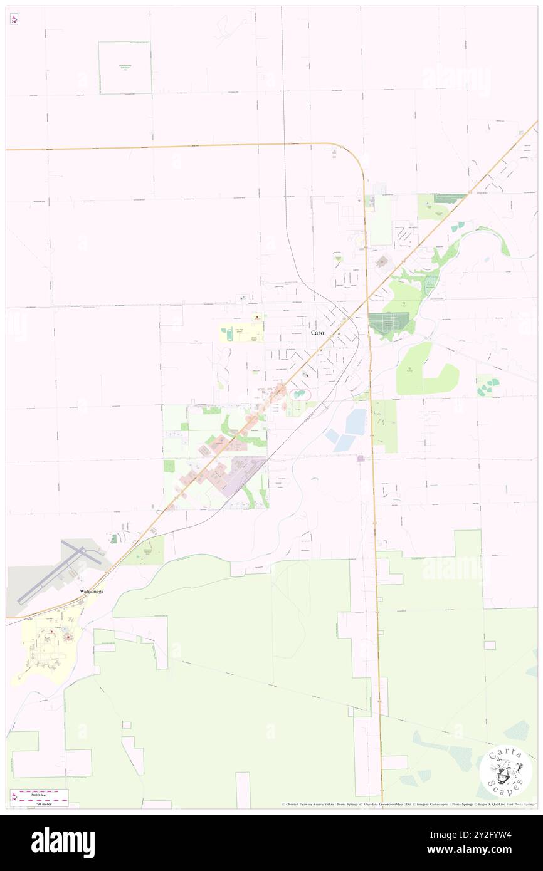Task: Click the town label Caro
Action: (x=317, y=333)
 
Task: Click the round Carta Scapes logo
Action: (x=505, y=771)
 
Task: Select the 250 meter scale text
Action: (x=43, y=803)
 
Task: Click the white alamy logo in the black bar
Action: (x=63, y=842)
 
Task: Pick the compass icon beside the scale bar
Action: (x=14, y=798)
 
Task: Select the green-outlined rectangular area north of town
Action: (x=125, y=68)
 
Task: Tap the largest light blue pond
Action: (x=355, y=421)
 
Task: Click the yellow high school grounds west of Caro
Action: (x=241, y=332)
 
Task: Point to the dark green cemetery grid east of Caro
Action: (x=387, y=323)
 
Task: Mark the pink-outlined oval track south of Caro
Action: (x=300, y=394)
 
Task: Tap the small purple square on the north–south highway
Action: (x=361, y=459)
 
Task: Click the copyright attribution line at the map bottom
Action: (x=408, y=804)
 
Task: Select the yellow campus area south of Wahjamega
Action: (x=47, y=645)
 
